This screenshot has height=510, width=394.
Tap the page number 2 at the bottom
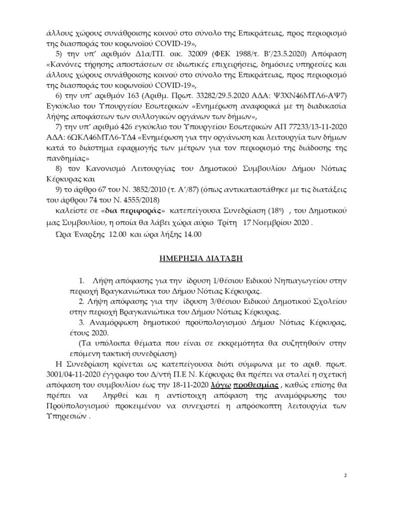345,476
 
